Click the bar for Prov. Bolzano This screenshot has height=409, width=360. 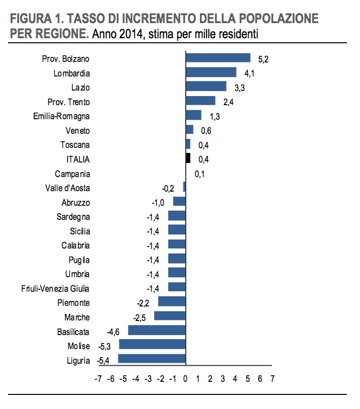(218, 58)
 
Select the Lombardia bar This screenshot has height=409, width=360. (211, 72)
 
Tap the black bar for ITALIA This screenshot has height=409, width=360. (188, 158)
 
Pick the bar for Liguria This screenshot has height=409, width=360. (152, 359)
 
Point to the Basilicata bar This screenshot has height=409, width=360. (157, 331)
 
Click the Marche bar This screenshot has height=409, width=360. (170, 316)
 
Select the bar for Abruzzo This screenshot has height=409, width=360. (179, 201)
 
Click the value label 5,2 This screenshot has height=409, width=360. (263, 59)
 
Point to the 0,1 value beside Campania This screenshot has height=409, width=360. (199, 174)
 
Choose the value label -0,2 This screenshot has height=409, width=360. (168, 188)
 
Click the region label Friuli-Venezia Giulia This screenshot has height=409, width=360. (55, 289)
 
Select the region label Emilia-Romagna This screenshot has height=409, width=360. (61, 116)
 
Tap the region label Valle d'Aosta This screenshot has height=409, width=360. (67, 188)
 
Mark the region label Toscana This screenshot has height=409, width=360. (75, 145)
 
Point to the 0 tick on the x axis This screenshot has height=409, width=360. (185, 378)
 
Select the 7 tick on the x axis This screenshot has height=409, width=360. (272, 378)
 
